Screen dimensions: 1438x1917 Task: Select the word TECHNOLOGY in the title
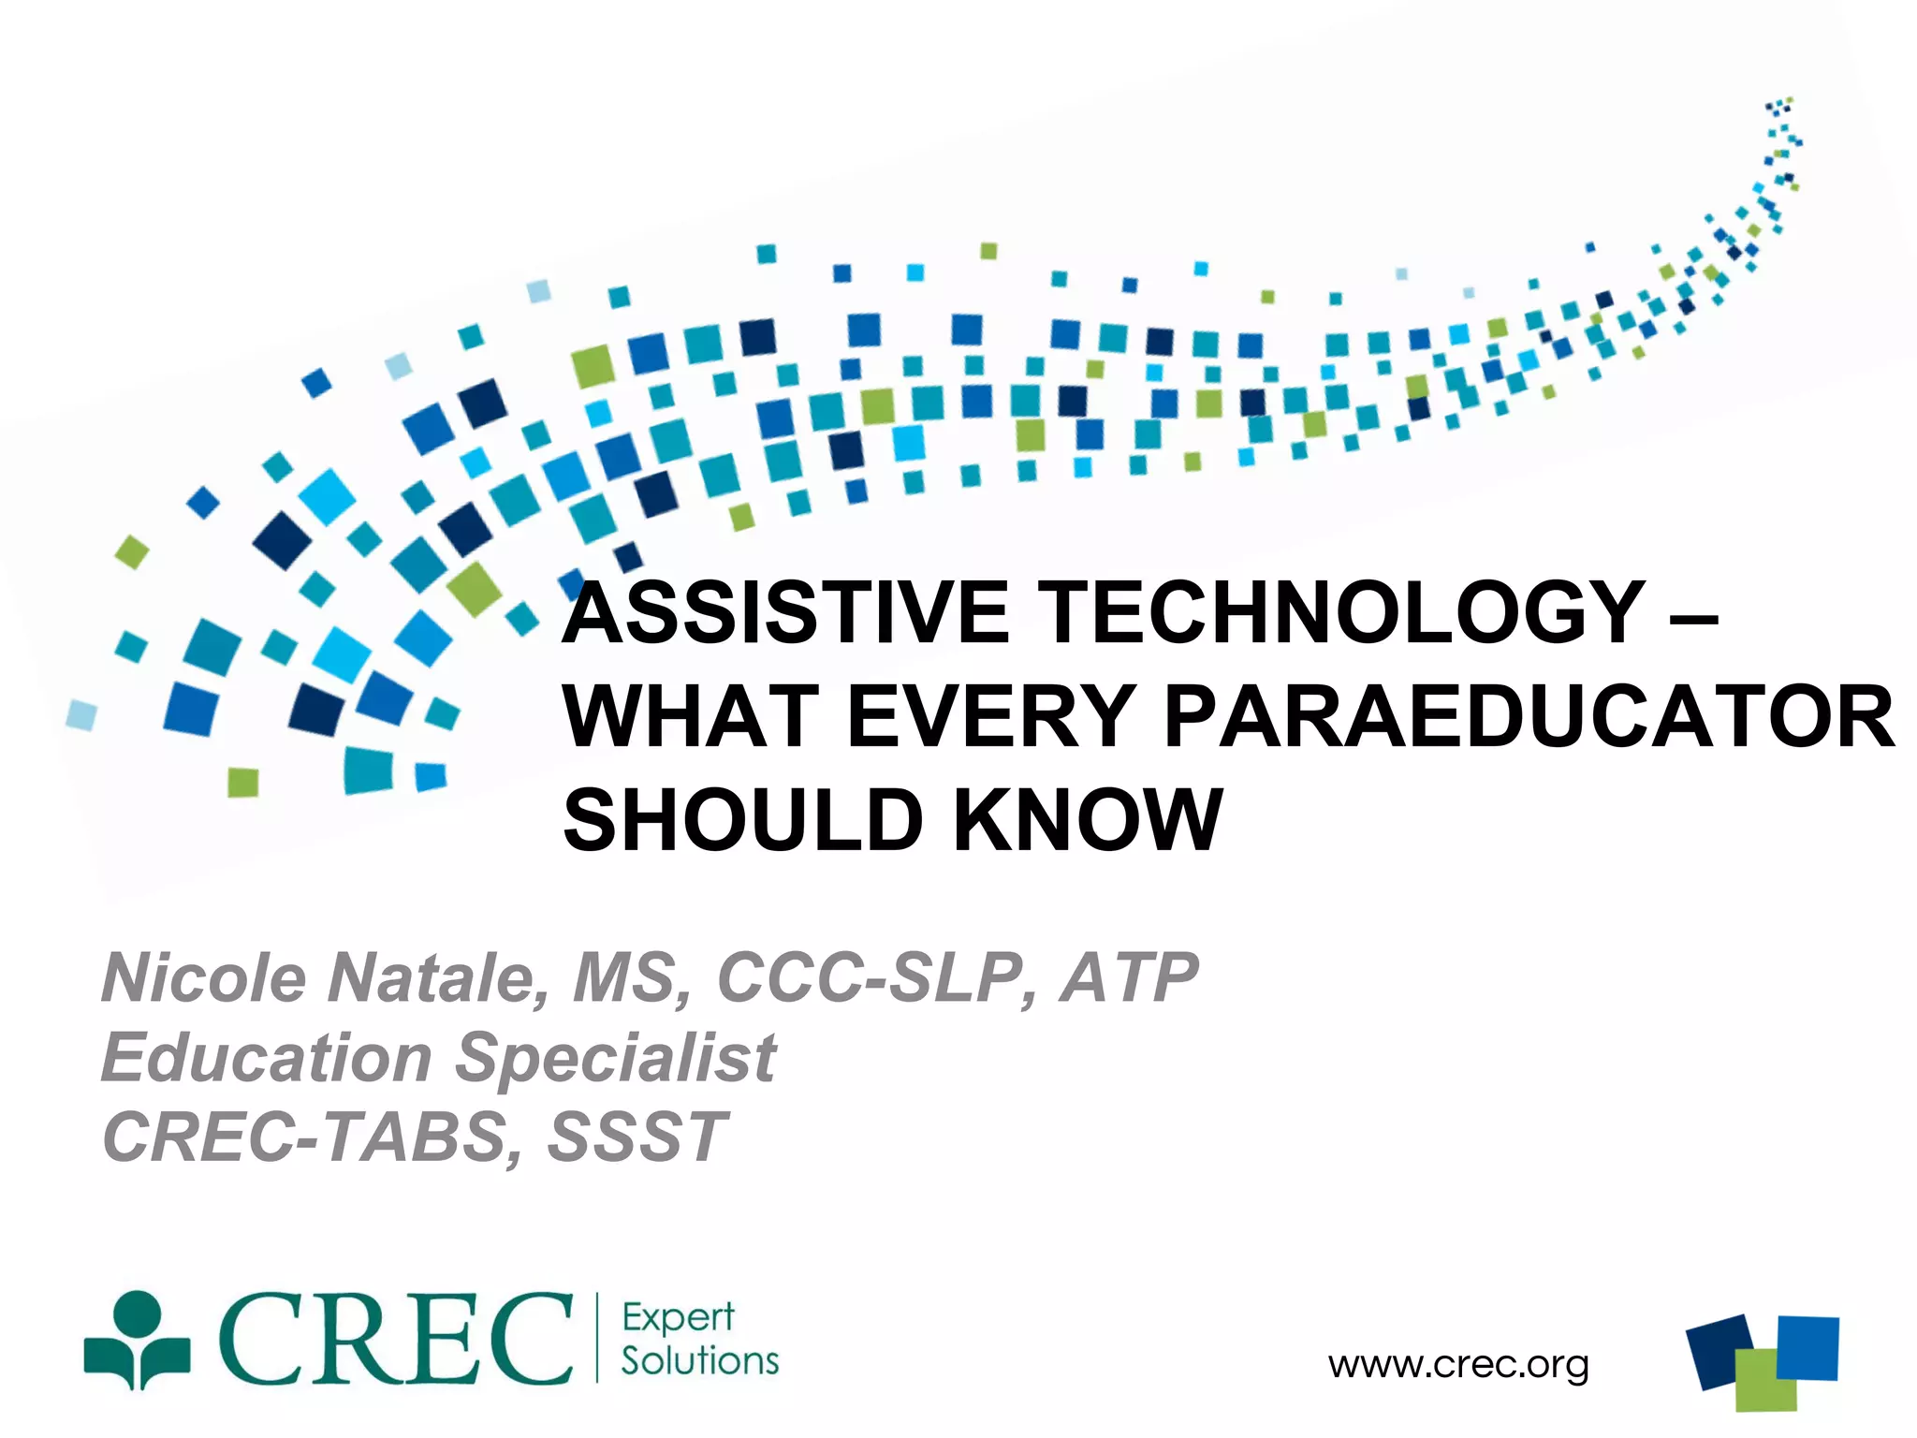tap(1343, 613)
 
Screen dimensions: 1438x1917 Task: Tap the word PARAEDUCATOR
tap(1529, 717)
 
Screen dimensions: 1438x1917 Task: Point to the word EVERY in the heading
tap(991, 717)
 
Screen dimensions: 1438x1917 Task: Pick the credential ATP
tap(1128, 978)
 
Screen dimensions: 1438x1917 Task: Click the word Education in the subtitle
tap(267, 1058)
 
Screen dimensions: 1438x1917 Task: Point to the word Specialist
tap(615, 1058)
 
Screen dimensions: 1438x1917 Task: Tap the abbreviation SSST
tap(637, 1137)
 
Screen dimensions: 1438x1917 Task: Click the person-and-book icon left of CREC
tap(138, 1341)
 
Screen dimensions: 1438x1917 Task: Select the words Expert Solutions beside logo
tap(698, 1339)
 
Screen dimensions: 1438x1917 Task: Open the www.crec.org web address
tap(1457, 1365)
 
